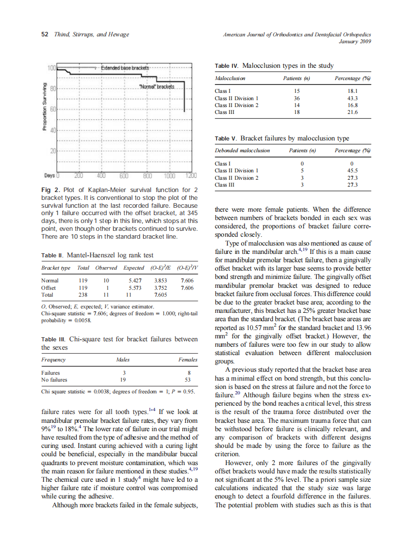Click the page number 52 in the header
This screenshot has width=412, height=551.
pos(44,34)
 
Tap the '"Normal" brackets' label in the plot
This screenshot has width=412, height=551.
pos(157,87)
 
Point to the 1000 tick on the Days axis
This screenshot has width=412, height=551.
pos(170,176)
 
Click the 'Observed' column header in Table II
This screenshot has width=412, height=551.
pos(106,268)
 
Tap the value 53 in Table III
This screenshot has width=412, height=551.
pos(187,380)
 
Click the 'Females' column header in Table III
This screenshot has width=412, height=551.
pos(188,360)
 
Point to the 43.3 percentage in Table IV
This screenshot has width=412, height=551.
pos(352,98)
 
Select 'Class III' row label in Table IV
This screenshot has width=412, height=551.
pos(225,112)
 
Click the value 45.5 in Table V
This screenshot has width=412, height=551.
pos(352,170)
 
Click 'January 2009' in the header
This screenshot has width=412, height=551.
pos(355,41)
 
